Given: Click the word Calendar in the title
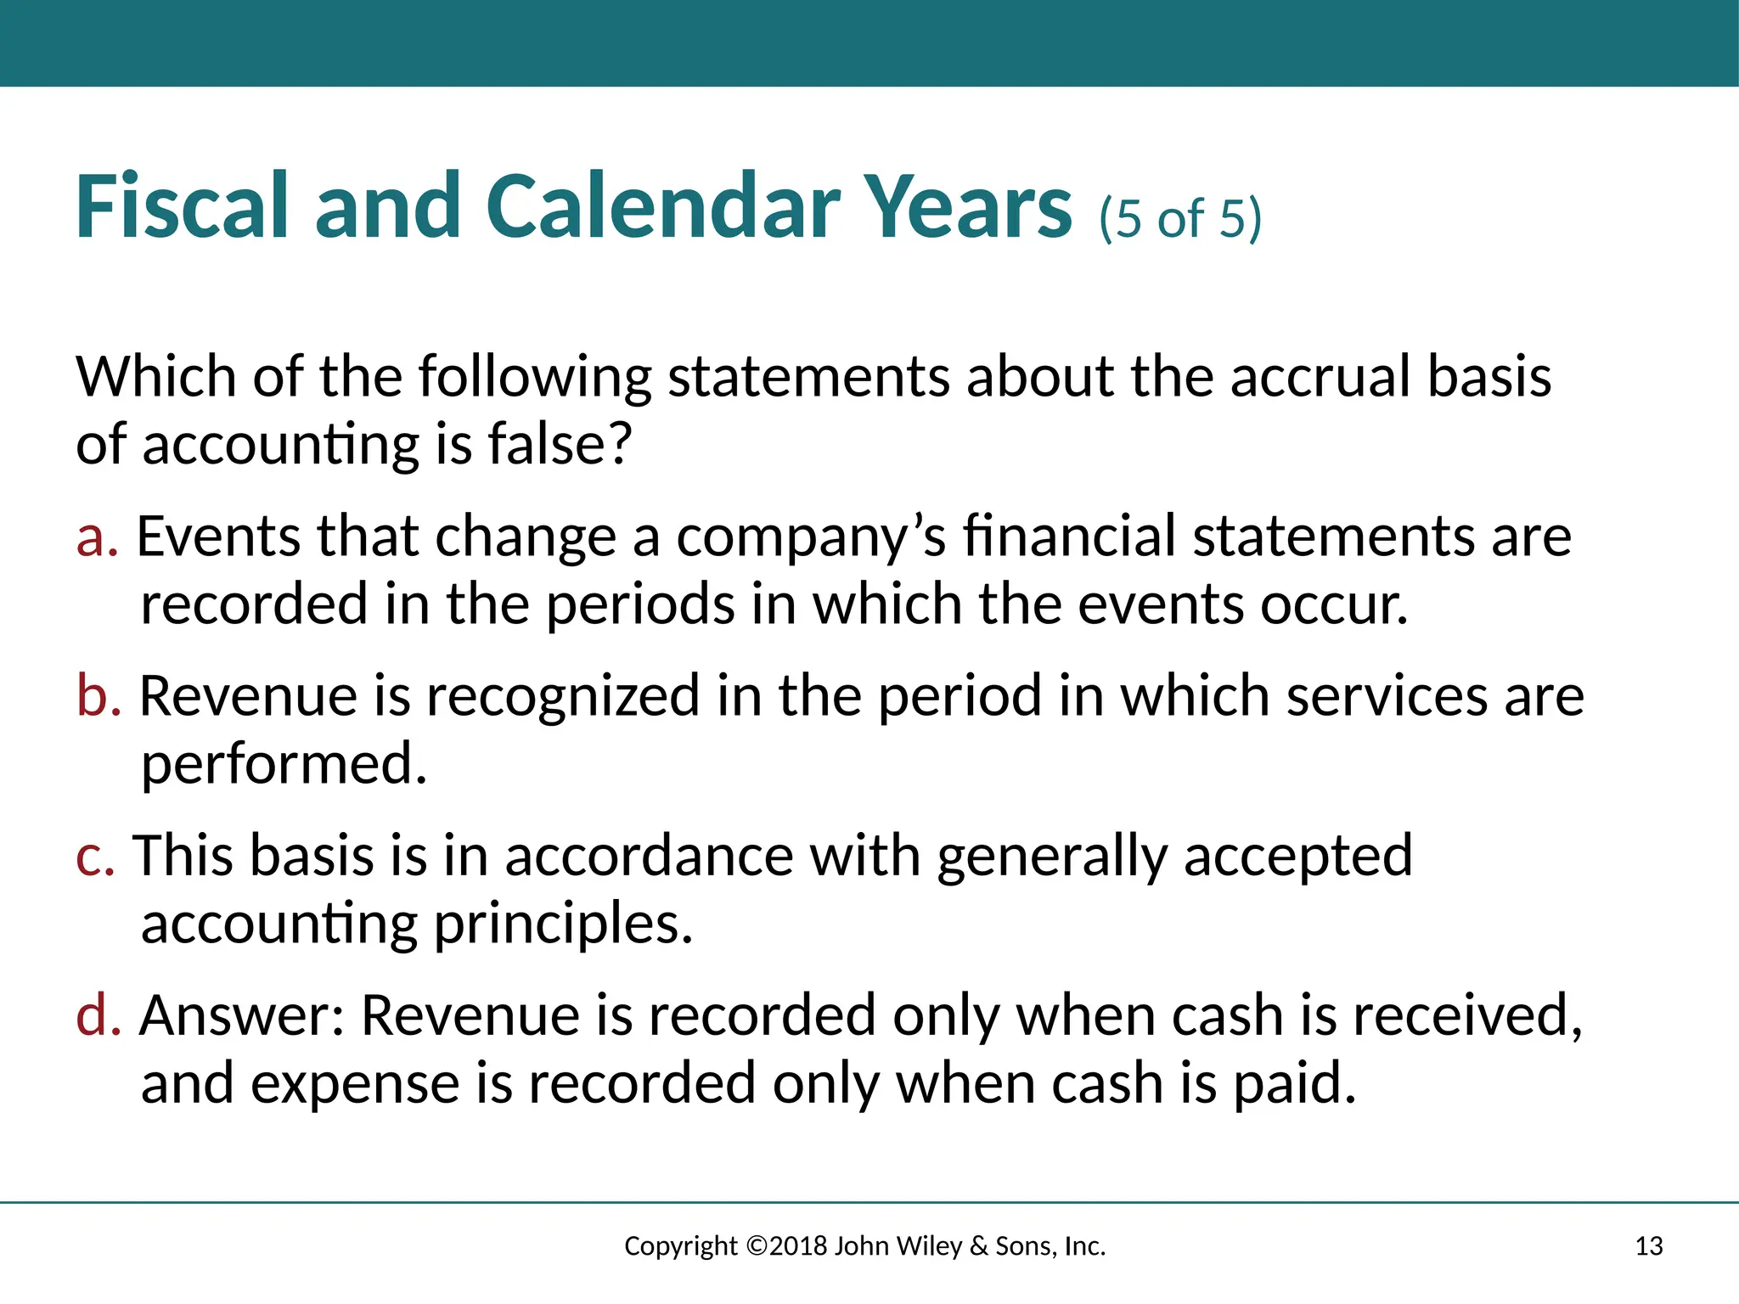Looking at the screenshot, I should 662,206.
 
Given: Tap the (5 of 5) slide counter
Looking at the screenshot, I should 1180,218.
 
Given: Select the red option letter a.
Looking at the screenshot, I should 96,537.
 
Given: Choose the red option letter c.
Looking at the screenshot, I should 94,856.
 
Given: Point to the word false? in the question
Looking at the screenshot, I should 560,443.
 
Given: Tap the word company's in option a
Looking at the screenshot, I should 810,537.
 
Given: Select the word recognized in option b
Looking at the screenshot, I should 563,696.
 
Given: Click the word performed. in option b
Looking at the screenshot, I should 284,764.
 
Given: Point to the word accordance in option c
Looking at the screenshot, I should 649,856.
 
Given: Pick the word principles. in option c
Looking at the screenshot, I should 563,924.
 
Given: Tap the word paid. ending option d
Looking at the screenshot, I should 1294,1084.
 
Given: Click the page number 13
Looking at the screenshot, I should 1648,1246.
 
